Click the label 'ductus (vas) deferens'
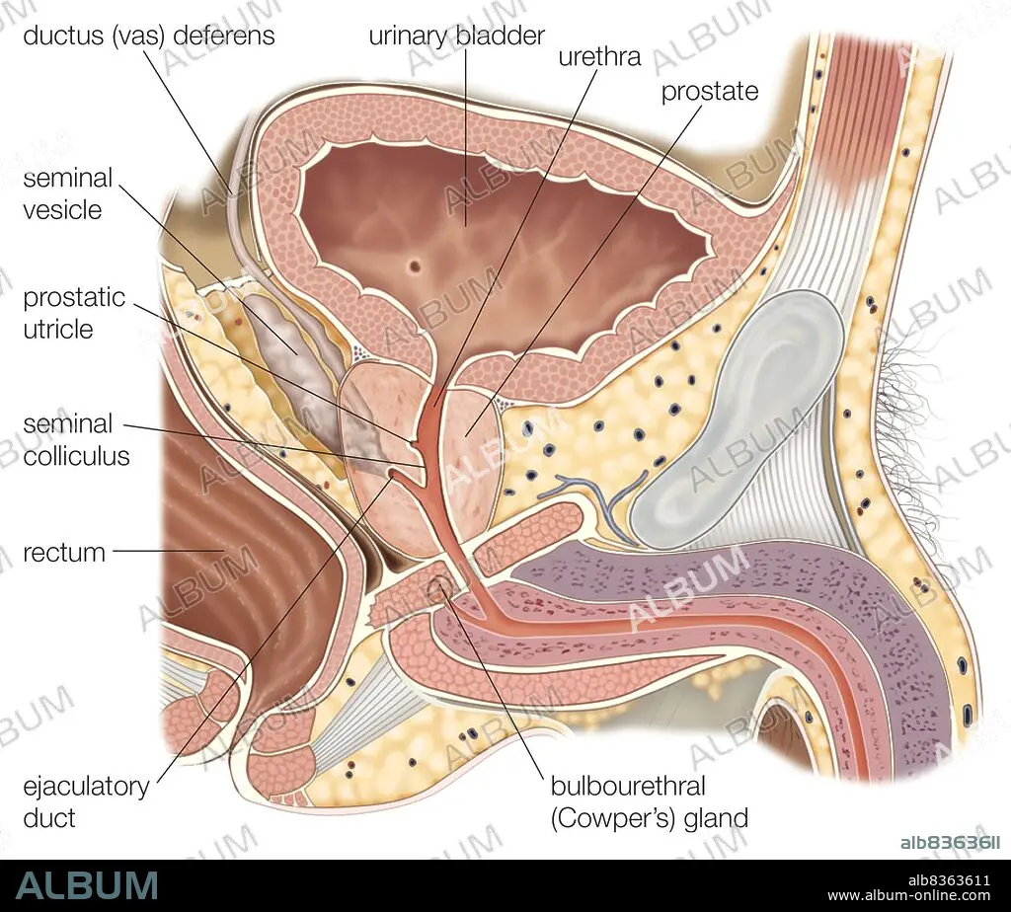point(149,37)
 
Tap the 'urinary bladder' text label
point(456,37)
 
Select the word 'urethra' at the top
point(599,56)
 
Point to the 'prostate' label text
point(710,92)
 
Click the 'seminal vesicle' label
point(68,193)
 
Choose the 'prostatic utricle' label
point(74,313)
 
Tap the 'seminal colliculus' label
point(76,439)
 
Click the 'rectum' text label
point(64,553)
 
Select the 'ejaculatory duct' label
point(86,801)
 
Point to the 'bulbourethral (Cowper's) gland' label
point(650,801)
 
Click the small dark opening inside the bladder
point(416,265)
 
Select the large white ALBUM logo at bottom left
point(88,885)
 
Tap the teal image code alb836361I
point(950,842)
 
